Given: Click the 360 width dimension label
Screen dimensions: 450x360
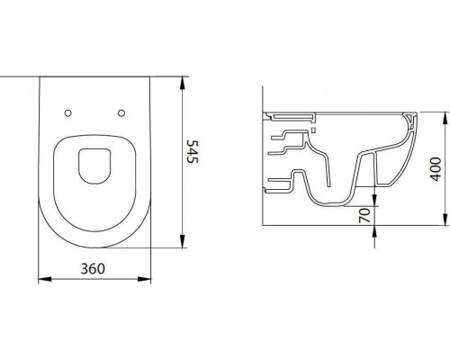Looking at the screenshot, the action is click(x=93, y=268).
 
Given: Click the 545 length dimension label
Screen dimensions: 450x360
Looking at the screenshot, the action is click(x=193, y=151).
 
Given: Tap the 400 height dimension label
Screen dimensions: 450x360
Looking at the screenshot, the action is click(x=436, y=169).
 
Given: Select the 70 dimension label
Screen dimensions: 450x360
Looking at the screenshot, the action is click(x=364, y=216).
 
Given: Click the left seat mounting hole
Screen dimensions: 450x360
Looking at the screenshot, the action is click(x=68, y=113).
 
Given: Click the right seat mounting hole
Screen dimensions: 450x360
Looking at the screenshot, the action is click(x=121, y=113).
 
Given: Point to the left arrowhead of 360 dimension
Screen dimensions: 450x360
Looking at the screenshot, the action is click(x=45, y=279).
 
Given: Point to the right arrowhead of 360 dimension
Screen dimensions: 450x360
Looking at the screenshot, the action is click(x=144, y=279).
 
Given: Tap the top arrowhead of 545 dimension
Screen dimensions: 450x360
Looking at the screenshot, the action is click(x=182, y=84).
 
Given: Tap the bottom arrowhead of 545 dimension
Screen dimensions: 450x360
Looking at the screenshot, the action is click(x=182, y=241).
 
